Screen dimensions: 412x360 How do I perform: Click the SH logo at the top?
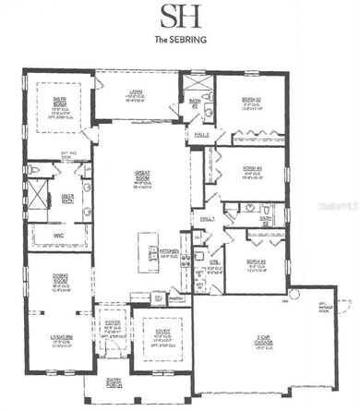coord(179,17)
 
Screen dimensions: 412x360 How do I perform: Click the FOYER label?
coord(112,323)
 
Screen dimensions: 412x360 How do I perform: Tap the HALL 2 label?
coord(203,136)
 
